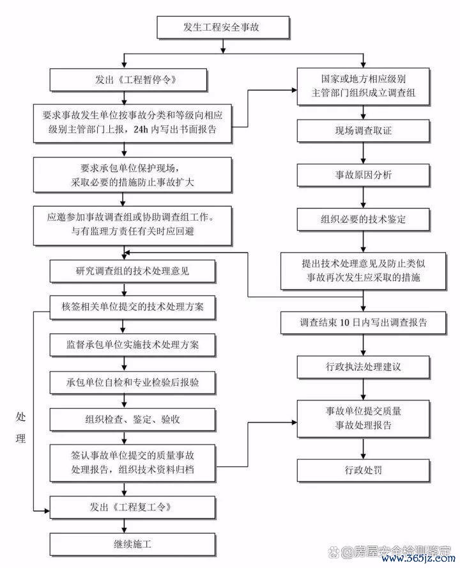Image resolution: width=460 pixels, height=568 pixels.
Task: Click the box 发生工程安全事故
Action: click(224, 27)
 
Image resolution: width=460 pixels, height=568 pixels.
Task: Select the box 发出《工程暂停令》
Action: click(128, 80)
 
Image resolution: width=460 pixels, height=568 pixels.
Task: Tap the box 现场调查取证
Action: click(364, 130)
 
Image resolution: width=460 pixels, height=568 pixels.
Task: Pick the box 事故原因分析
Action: click(364, 175)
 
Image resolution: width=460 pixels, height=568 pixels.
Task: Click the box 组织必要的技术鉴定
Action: click(364, 219)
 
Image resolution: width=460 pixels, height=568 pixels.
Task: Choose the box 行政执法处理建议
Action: click(364, 367)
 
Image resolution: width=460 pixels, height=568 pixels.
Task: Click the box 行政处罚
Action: click(364, 470)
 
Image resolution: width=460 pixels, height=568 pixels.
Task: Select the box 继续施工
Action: click(132, 544)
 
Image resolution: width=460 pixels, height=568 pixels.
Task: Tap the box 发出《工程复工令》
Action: click(132, 507)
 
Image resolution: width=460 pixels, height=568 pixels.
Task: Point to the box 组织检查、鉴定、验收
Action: click(132, 420)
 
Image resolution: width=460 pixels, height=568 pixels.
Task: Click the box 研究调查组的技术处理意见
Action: click(132, 271)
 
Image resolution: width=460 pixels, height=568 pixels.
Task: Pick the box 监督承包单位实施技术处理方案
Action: click(132, 345)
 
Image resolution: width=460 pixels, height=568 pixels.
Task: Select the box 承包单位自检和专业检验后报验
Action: click(132, 382)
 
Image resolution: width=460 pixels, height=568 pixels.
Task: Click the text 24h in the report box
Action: click(141, 129)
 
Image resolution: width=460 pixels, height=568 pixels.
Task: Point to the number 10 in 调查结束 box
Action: click(344, 322)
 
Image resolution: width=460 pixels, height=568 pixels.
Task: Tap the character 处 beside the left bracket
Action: click(20, 417)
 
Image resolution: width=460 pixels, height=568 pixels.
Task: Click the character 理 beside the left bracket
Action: click(20, 439)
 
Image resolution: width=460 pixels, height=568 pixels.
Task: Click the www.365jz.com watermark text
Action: click(418, 558)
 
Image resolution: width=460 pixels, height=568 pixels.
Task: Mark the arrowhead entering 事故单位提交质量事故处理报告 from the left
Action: click(295, 422)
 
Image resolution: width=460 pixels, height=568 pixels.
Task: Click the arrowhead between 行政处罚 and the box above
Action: click(364, 455)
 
